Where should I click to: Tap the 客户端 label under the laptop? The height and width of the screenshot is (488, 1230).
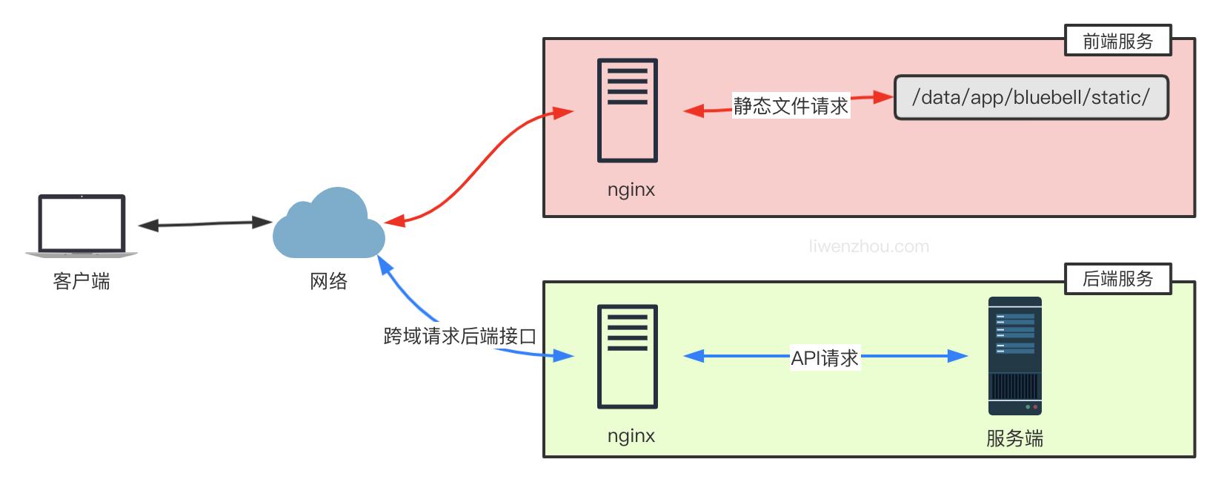click(82, 282)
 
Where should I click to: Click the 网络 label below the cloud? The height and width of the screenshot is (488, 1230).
click(328, 282)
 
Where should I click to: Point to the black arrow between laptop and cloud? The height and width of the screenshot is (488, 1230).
click(205, 223)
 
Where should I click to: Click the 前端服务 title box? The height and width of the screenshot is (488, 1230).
click(1117, 41)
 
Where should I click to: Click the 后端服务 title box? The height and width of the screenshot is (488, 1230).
click(1117, 279)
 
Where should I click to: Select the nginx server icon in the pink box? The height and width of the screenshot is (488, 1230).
click(628, 111)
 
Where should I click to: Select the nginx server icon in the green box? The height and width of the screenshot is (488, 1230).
click(628, 357)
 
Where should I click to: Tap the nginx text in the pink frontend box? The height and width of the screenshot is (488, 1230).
click(631, 190)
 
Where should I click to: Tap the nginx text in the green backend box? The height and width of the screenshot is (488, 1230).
click(631, 436)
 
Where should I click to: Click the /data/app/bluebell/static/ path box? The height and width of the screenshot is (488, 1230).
click(1031, 97)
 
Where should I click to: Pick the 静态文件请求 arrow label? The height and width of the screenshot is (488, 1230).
click(791, 106)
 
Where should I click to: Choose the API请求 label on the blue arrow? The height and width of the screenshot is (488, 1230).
click(824, 358)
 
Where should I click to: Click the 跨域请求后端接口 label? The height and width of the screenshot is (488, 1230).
click(459, 337)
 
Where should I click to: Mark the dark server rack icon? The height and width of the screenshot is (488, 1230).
click(1014, 356)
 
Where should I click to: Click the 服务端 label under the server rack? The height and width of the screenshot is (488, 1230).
click(1014, 439)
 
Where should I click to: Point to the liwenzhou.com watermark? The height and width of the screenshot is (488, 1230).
click(868, 247)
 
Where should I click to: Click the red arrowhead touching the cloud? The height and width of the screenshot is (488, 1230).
click(393, 221)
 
